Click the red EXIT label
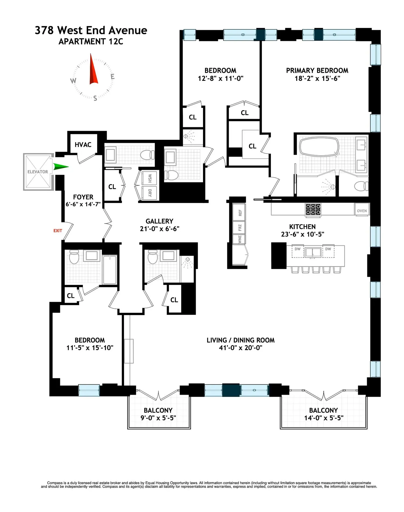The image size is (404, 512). [58, 231]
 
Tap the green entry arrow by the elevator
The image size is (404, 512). [60, 167]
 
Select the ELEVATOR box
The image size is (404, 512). [38, 172]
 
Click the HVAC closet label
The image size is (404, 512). [83, 145]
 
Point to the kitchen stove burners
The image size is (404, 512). [313, 209]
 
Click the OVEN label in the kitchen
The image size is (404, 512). [362, 211]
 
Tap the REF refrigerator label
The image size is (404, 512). [240, 213]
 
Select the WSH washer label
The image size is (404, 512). [150, 178]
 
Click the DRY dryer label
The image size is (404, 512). [150, 193]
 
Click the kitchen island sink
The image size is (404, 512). [313, 252]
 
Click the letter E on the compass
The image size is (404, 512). [113, 77]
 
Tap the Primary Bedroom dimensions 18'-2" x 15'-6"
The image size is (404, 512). [317, 78]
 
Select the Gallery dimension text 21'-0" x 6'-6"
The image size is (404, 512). [159, 229]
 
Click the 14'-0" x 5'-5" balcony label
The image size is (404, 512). [324, 418]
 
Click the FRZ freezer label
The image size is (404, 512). [240, 228]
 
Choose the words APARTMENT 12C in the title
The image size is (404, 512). [91, 41]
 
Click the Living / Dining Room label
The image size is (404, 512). [241, 340]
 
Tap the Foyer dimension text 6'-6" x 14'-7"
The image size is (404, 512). [83, 204]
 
